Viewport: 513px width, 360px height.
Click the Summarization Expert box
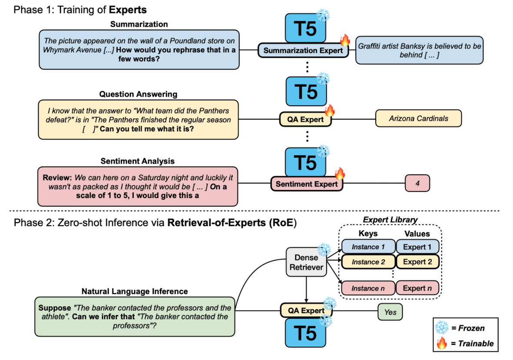(x=303, y=50)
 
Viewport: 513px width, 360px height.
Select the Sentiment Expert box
(x=307, y=184)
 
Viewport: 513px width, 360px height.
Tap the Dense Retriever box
(x=306, y=262)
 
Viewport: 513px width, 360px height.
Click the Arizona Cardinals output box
(x=418, y=119)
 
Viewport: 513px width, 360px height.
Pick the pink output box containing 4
(x=417, y=183)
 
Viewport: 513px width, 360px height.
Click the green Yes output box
(x=391, y=312)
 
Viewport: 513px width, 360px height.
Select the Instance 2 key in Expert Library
(x=368, y=262)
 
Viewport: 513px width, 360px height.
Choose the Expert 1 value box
(x=417, y=247)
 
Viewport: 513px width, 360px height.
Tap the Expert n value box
(x=417, y=288)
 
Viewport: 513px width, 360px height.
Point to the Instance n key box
(x=368, y=288)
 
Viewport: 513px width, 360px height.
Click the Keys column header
(x=368, y=233)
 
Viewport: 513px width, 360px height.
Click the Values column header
(x=417, y=233)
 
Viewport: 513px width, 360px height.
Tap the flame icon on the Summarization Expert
(x=345, y=40)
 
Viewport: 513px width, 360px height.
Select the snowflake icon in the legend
(x=442, y=327)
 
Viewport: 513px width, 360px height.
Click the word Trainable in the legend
(x=476, y=343)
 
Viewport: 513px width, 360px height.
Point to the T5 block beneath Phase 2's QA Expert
(x=305, y=333)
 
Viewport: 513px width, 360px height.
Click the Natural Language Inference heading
(x=135, y=291)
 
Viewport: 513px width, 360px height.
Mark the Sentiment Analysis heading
(x=137, y=161)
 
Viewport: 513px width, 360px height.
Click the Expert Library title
(x=391, y=220)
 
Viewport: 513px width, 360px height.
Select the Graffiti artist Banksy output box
(x=420, y=50)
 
